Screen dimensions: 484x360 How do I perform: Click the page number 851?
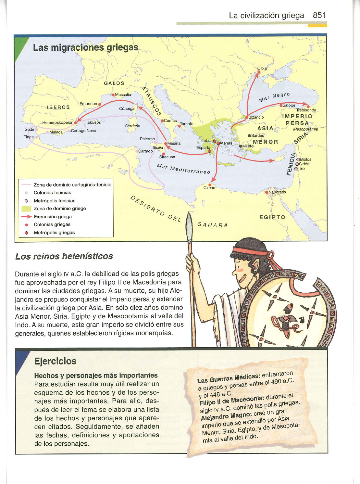pos(319,15)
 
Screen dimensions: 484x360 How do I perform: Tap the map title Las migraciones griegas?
pos(86,47)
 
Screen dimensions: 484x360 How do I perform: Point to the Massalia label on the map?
pos(123,95)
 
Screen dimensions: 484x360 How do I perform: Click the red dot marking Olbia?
pos(259,72)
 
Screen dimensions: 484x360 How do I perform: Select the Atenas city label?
pos(226,143)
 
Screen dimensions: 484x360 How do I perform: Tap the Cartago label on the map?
pos(145,151)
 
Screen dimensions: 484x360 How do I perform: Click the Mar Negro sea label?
pos(274,97)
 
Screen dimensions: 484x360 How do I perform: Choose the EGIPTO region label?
pos(272,217)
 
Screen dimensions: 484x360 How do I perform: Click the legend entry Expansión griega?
pos(53,217)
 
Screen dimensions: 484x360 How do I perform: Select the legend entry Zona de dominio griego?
pos(60,209)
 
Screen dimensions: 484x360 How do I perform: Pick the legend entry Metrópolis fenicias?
pos(54,201)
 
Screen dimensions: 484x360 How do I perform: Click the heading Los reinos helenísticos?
pos(64,256)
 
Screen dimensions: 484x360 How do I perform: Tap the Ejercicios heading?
pos(55,361)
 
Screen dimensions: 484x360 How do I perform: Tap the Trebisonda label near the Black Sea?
pos(306,110)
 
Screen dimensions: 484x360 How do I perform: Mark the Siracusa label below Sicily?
pos(167,157)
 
